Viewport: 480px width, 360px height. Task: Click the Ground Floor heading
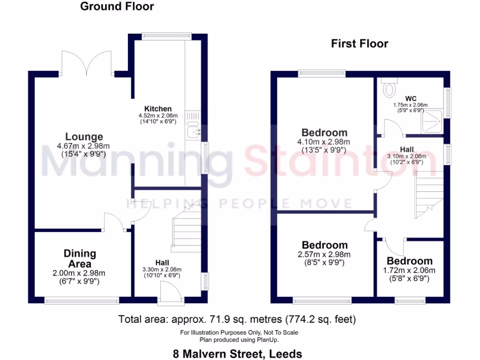(117, 7)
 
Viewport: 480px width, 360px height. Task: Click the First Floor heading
(360, 44)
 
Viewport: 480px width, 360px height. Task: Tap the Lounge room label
(84, 137)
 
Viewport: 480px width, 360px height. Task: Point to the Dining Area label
(80, 259)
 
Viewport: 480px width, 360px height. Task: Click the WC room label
(411, 98)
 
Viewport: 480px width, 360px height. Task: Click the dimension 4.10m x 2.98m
(324, 142)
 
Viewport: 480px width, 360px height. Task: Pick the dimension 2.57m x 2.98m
(324, 255)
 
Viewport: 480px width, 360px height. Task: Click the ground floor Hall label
(163, 262)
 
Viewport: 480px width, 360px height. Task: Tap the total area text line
(237, 320)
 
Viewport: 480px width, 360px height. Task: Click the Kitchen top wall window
(166, 34)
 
